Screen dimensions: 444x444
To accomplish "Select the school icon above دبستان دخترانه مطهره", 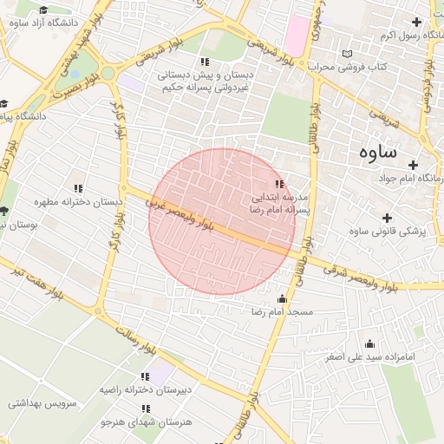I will pyautogui.click(x=78, y=188).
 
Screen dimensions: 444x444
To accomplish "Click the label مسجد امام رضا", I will pyautogui.click(x=282, y=310).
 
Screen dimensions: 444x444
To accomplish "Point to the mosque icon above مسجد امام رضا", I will pyautogui.click(x=280, y=298).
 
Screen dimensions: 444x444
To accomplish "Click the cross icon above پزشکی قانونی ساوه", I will pyautogui.click(x=386, y=218).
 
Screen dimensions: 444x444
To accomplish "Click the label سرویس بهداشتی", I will pyautogui.click(x=43, y=403).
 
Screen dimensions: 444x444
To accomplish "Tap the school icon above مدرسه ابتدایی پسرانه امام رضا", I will pyautogui.click(x=279, y=184).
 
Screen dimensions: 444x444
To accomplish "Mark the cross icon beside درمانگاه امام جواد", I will pyautogui.click(x=414, y=165).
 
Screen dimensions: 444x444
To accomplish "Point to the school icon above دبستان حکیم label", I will pyautogui.click(x=205, y=62).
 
